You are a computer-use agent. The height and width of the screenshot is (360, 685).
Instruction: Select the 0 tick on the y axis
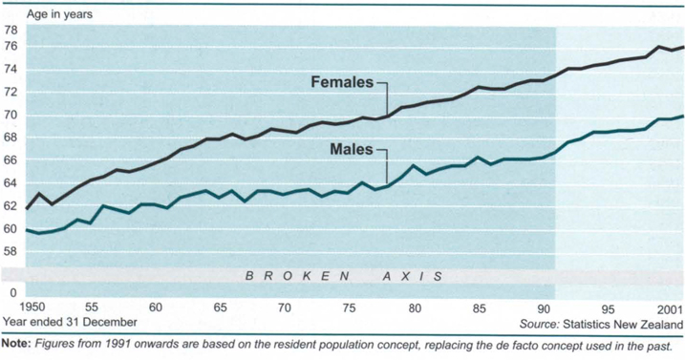[x=13, y=292]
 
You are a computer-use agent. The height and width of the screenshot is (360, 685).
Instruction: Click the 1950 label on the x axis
[x=18, y=308]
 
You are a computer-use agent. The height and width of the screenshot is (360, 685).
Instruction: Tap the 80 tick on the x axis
[x=414, y=308]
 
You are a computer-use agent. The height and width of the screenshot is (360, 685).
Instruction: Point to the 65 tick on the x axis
[x=220, y=308]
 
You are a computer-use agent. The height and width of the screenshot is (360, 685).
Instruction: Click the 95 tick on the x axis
[x=608, y=308]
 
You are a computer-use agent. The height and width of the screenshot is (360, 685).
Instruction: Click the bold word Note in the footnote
[x=16, y=345]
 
